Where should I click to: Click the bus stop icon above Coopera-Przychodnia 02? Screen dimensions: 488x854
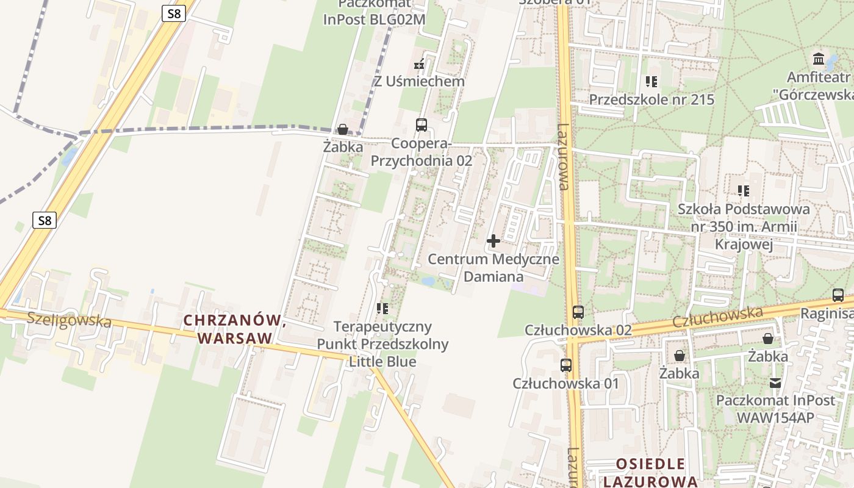421,125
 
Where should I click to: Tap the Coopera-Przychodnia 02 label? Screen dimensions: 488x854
422,152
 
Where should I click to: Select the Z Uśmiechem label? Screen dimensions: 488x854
419,81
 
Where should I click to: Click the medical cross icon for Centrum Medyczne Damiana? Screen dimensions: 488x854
493,241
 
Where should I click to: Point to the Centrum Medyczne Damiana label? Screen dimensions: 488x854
493,268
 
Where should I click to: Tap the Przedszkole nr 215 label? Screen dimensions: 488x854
651,99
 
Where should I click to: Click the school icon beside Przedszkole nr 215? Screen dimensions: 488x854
651,81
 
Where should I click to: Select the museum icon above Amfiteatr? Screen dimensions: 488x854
819,59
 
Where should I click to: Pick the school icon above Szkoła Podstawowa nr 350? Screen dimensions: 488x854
743,191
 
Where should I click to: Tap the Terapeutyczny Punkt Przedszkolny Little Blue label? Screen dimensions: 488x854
382,344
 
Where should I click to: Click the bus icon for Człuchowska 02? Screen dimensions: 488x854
578,312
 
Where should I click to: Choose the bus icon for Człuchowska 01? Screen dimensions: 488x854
566,365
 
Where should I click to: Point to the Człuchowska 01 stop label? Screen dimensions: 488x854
565,383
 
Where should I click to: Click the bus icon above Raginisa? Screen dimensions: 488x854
838,295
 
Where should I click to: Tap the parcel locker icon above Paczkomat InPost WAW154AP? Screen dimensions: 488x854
775,383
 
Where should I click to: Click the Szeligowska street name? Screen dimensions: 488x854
69,320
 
